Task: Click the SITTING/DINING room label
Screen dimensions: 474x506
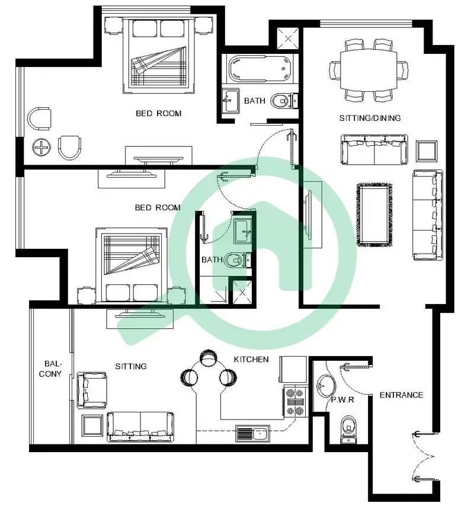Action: pos(370,118)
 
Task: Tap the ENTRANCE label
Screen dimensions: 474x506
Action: pos(401,395)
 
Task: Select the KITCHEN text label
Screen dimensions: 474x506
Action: pos(251,360)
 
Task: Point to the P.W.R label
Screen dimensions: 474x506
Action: pos(342,400)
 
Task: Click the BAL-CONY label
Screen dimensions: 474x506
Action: pos(50,369)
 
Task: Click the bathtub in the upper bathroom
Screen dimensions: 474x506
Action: pos(260,68)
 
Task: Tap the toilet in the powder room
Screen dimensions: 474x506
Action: pos(348,430)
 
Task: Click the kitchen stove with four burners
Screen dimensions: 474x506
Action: pos(295,402)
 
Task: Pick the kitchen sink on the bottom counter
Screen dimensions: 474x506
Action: pos(252,433)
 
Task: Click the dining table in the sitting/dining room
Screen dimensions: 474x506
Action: pos(369,70)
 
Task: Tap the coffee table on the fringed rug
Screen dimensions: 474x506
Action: pos(374,215)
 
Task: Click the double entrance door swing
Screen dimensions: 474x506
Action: pos(423,457)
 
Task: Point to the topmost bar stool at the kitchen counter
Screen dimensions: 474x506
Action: pos(208,357)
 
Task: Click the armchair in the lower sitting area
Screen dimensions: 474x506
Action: pos(92,390)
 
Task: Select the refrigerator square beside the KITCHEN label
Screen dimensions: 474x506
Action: pos(293,370)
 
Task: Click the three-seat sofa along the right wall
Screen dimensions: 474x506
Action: pos(428,215)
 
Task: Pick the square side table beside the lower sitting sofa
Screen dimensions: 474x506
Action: pos(92,425)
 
